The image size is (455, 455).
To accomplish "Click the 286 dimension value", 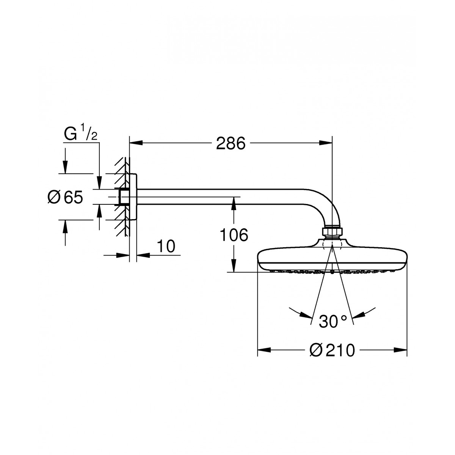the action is click(x=231, y=143).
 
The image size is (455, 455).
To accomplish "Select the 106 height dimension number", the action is click(x=234, y=235).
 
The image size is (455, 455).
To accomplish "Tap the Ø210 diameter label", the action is click(x=332, y=350).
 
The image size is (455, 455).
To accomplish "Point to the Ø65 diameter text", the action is click(x=65, y=198).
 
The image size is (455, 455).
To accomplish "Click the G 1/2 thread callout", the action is click(x=80, y=133).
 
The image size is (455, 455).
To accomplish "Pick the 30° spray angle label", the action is click(x=333, y=322).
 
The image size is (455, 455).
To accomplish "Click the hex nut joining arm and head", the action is click(x=332, y=231).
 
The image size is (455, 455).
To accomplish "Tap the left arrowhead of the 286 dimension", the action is click(x=136, y=143).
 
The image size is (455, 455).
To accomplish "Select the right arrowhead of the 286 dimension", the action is click(x=325, y=143).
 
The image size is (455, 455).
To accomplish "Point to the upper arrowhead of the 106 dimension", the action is click(x=234, y=204).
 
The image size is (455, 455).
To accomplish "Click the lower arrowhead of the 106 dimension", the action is click(x=234, y=266).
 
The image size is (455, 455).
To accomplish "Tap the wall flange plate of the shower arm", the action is click(x=133, y=197).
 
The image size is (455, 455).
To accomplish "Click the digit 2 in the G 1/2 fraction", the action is click(x=94, y=137).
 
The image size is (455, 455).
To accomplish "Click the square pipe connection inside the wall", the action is click(x=122, y=197).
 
